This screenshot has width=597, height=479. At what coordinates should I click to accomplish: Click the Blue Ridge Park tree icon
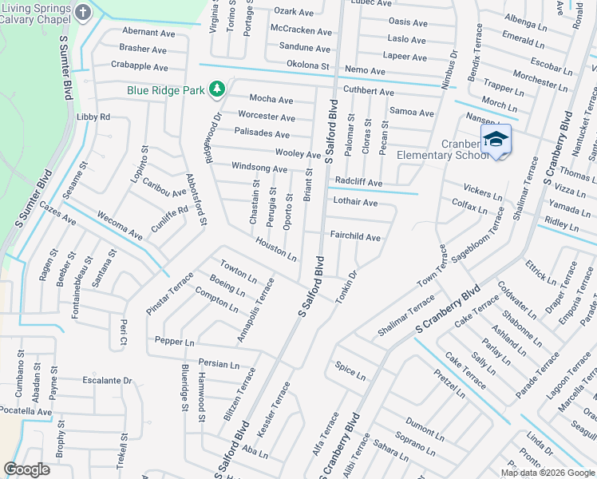tap(215, 89)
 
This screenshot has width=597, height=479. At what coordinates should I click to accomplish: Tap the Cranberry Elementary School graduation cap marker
tap(495, 139)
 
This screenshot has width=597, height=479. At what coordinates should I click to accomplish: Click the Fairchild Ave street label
tap(355, 237)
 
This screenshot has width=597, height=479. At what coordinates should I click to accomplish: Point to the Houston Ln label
tap(276, 249)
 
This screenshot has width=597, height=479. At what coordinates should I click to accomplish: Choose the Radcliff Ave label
tap(358, 182)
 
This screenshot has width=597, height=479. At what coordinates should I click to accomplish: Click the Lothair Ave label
tap(355, 202)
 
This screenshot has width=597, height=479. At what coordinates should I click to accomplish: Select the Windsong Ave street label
tap(259, 168)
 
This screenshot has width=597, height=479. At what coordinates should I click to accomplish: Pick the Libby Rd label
tap(93, 117)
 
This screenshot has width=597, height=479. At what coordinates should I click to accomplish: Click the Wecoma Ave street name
tap(119, 226)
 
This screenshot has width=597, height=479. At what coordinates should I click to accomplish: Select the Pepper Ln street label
tap(175, 341)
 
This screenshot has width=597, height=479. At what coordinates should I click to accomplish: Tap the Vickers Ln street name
tap(483, 191)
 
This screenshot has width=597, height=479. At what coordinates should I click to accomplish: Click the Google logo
tap(27, 469)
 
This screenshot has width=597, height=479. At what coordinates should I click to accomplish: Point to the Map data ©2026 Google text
tap(548, 473)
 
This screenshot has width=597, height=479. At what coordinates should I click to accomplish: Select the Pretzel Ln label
tap(449, 382)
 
